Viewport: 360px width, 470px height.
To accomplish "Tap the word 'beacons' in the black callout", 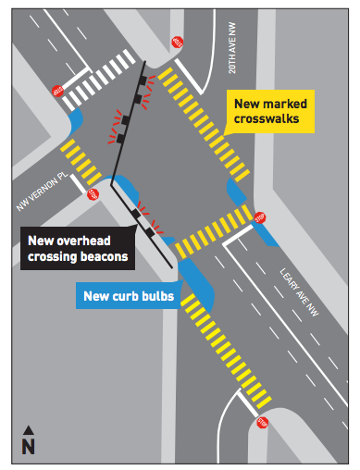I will click(102, 256).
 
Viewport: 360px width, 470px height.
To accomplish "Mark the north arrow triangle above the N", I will click(28, 429).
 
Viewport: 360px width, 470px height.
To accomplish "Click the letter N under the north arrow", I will click(28, 447).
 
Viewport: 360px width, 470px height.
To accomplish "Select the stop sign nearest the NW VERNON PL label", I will click(92, 194).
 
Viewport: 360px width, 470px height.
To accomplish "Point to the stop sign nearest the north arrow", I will click(263, 424).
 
